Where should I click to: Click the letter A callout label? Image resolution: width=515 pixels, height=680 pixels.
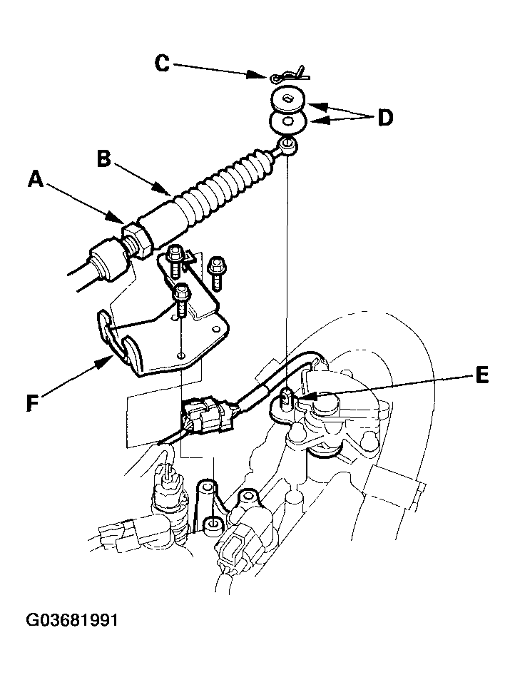(36, 178)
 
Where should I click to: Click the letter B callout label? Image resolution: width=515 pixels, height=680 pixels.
(104, 158)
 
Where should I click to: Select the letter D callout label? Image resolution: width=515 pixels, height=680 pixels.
(385, 118)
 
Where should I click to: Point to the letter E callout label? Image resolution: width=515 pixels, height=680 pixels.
(482, 375)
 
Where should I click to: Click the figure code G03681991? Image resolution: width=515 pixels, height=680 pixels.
(72, 620)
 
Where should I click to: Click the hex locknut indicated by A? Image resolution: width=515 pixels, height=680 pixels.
(138, 240)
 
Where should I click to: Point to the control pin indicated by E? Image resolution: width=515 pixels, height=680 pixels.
(286, 398)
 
